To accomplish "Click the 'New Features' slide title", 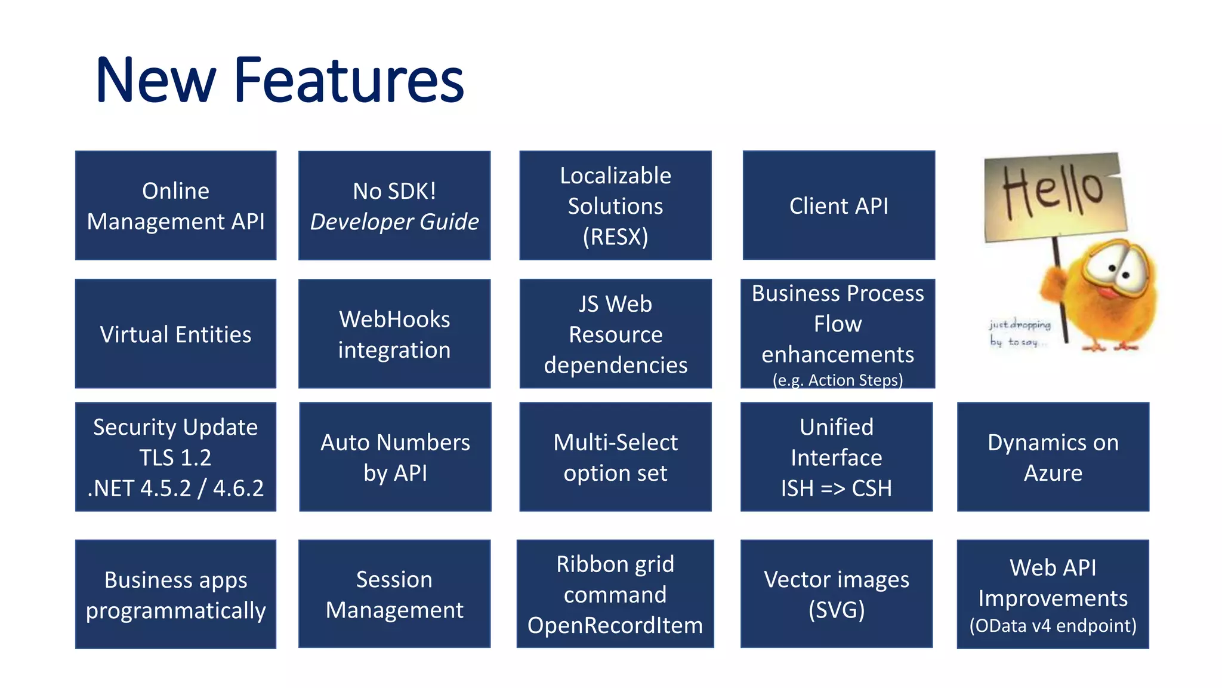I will [279, 81].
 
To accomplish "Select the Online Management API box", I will [175, 205].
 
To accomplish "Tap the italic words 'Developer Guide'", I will [394, 222].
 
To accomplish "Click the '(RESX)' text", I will [615, 237].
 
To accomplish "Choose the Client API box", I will [838, 205].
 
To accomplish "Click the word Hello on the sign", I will [1053, 191].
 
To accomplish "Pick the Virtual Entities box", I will [175, 334].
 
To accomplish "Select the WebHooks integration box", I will [394, 334].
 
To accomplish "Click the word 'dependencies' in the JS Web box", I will [615, 365].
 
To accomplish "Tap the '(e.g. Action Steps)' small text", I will [837, 380].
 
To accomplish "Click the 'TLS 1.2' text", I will [175, 458].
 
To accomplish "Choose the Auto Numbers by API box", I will [395, 457].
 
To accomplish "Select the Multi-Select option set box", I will [615, 457].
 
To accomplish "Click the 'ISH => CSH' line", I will [836, 489].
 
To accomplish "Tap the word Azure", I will [1053, 473].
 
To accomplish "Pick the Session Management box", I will [394, 594].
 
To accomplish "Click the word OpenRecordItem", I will [615, 625].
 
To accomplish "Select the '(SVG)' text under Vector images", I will [836, 610].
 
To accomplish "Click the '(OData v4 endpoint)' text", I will [1053, 626].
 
